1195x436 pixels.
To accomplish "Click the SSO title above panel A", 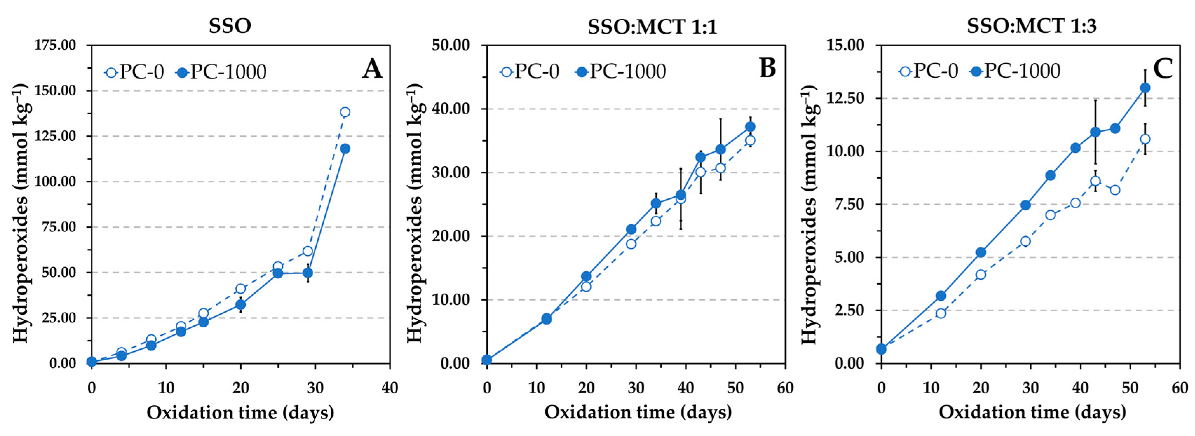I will [230, 26].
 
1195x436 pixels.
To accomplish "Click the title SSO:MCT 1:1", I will [652, 27].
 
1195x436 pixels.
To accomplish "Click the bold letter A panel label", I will [372, 70].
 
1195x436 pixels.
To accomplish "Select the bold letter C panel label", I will [1162, 70].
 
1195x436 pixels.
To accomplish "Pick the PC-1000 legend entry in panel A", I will [221, 72].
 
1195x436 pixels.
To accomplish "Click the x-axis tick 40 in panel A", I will [390, 387].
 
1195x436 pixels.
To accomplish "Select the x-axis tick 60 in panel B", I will [785, 387].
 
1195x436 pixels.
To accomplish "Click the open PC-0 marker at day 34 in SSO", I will [345, 112].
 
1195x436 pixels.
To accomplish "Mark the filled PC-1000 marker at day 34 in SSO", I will [345, 148].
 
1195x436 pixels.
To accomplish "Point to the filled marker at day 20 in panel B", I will [586, 277].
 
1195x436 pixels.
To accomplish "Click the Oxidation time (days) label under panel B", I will [638, 412].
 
